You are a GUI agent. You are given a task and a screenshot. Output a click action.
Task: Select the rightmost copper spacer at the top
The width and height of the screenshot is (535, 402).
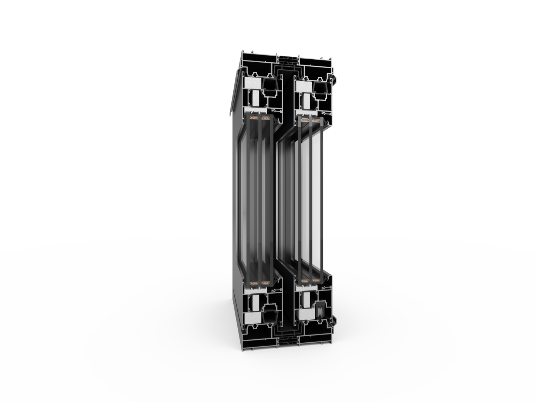[x=316, y=121]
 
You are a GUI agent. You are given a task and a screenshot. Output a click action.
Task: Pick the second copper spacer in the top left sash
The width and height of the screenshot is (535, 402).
[x=265, y=118]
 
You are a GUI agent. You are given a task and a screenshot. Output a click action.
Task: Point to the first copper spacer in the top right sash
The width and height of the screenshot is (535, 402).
[x=303, y=121]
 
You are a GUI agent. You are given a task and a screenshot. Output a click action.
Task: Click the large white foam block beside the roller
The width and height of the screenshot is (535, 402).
[x=303, y=315]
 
